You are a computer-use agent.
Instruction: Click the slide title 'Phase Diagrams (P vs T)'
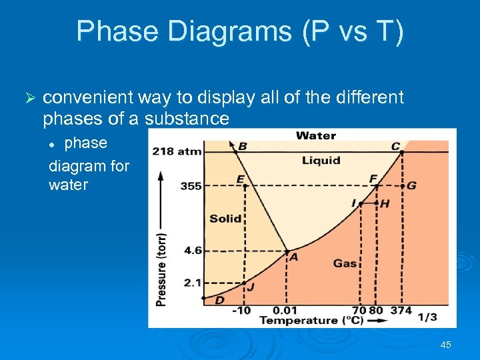(x=240, y=31)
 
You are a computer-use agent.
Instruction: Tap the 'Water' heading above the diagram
(x=315, y=136)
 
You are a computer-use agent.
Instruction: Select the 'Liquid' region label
(x=321, y=160)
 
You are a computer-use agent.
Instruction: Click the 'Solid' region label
(x=225, y=219)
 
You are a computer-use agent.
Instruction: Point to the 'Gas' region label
(x=345, y=263)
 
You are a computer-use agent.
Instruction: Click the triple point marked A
(x=287, y=251)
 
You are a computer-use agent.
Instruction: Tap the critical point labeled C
(x=401, y=151)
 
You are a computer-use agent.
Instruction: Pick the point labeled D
(x=204, y=298)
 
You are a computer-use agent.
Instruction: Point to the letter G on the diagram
(x=411, y=185)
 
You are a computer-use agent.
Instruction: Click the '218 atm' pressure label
(x=177, y=151)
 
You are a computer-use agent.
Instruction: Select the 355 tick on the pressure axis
(x=191, y=186)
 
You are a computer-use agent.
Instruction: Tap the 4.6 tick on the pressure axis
(x=193, y=251)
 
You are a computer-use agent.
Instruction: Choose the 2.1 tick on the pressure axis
(x=193, y=283)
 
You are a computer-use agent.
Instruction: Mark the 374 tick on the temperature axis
(x=401, y=311)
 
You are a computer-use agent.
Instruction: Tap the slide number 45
(x=446, y=345)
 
